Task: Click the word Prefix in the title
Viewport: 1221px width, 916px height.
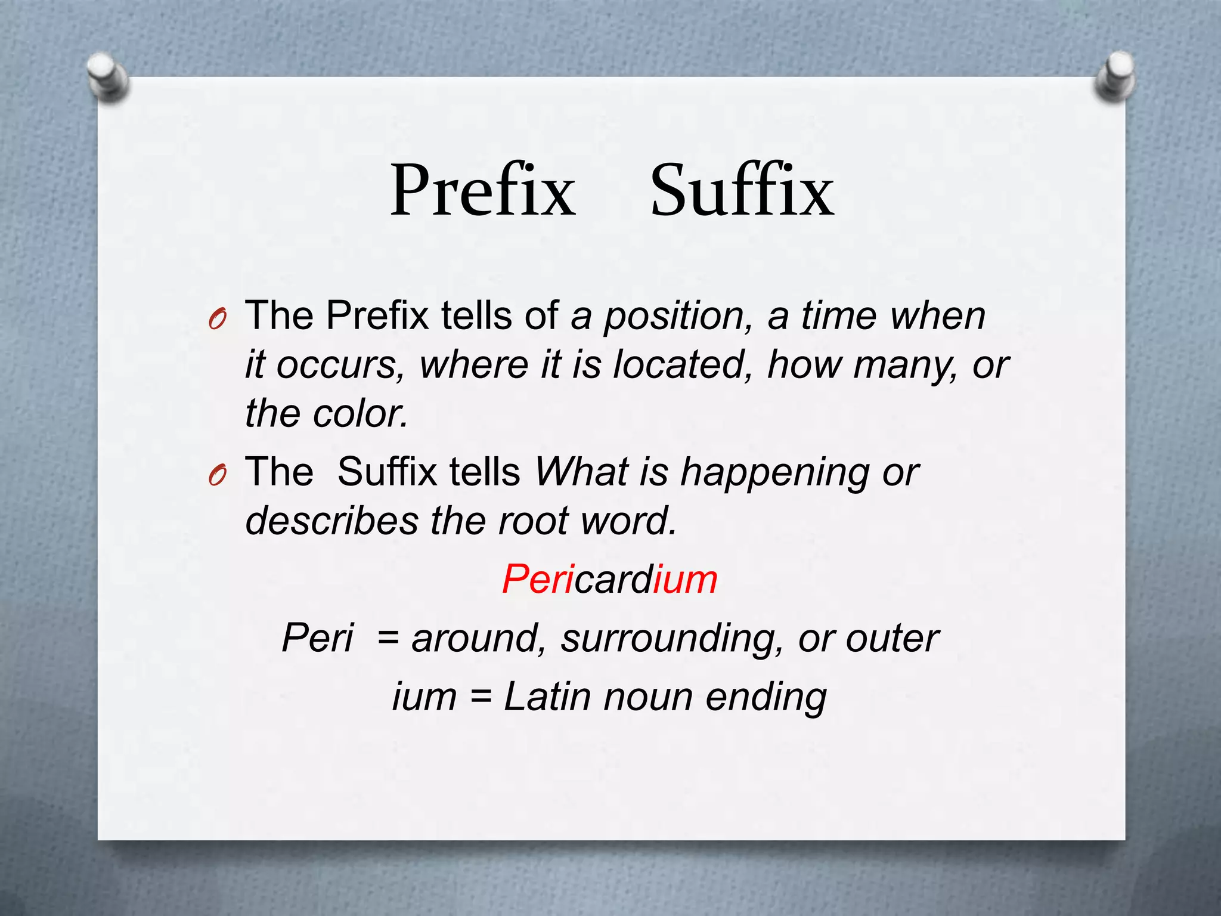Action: [x=483, y=191]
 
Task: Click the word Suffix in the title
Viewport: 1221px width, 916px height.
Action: [x=742, y=191]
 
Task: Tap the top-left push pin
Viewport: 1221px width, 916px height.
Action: [x=107, y=76]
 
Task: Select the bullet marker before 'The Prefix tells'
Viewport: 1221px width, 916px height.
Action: [x=217, y=320]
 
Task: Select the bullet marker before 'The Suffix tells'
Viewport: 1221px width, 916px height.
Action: [x=217, y=476]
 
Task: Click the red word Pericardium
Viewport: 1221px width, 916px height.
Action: [x=609, y=579]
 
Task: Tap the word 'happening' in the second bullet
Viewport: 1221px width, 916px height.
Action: [x=775, y=472]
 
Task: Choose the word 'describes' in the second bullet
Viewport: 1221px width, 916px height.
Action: [x=332, y=521]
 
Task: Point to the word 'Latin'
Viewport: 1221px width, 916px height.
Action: [x=548, y=697]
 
